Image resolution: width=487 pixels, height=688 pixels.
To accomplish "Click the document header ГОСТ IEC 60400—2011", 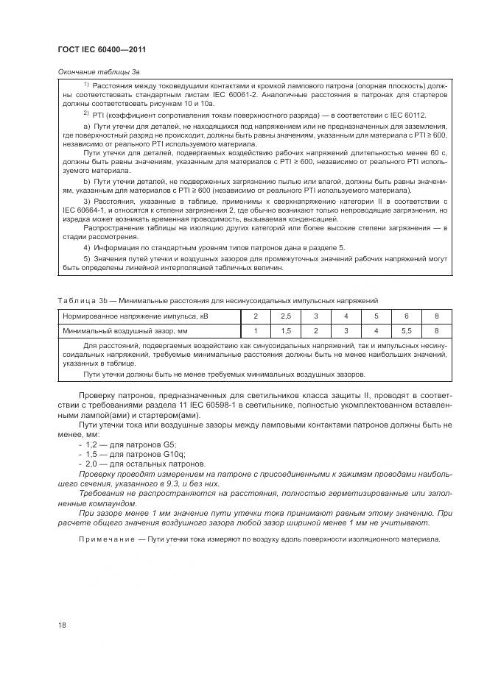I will coord(102,49).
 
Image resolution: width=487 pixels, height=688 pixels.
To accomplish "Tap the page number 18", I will coord(62,625).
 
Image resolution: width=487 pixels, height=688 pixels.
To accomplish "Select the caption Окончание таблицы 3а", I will coord(98,72).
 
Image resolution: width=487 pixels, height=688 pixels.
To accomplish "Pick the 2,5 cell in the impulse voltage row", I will coord(286,316).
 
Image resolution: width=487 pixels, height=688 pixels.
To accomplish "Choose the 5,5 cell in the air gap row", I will coord(406,330).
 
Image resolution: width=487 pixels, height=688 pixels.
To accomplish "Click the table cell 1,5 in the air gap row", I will coord(286,330).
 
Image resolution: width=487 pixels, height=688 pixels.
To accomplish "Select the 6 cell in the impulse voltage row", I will coord(406,316).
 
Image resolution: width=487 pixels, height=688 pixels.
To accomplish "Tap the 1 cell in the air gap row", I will coord(255,330).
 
